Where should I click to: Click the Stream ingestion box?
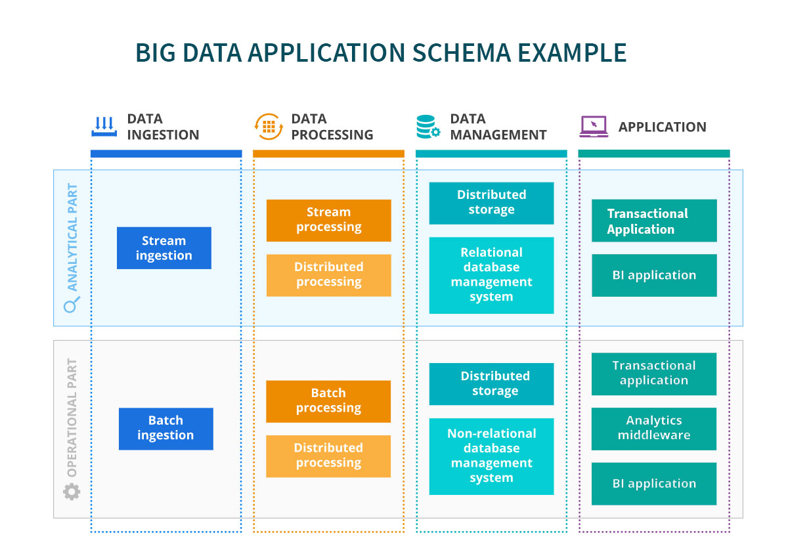click(164, 248)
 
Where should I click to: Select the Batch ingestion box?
click(165, 429)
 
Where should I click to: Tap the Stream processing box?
click(328, 221)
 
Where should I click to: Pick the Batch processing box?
click(328, 401)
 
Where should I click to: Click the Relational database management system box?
click(491, 275)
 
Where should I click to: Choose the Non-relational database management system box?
click(491, 456)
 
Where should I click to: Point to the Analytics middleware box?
click(654, 429)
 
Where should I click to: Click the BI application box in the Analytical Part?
click(654, 275)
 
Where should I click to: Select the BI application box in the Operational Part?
click(654, 483)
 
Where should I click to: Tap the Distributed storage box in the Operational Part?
click(491, 384)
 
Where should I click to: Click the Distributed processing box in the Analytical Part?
click(328, 275)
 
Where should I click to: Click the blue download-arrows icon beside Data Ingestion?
click(104, 127)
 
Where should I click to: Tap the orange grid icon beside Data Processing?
click(269, 127)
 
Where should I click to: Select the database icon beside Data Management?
click(427, 127)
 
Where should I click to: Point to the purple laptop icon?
click(594, 127)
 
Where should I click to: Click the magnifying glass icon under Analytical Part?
click(72, 305)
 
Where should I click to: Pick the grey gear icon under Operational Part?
click(72, 492)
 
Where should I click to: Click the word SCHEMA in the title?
click(461, 53)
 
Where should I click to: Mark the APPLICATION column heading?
click(663, 127)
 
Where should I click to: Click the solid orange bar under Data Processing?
click(328, 154)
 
